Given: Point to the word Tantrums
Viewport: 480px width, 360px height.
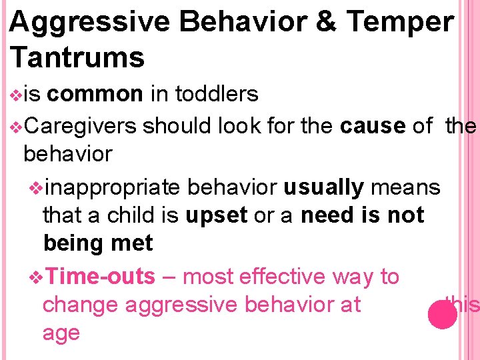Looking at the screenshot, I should coord(77,58).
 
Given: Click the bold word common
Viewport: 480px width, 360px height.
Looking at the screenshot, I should coord(95,95).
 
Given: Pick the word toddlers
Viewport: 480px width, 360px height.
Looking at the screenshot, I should coord(217,95).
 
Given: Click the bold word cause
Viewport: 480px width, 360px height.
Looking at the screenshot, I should coord(372,125).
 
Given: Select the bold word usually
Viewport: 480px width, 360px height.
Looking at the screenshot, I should coord(323,187).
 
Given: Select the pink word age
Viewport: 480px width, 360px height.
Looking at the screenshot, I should coord(61,333).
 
